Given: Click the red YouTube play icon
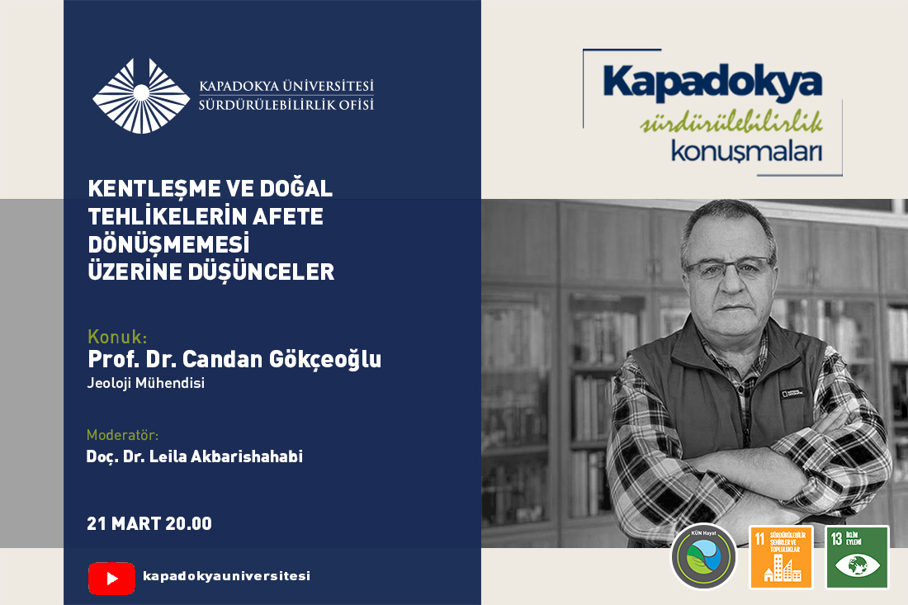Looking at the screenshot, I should tap(111, 578).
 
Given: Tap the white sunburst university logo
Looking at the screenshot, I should tap(141, 95).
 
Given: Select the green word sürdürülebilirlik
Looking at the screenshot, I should tap(731, 125).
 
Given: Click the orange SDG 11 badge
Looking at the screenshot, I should tap(780, 557).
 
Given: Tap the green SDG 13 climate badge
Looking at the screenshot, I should tap(857, 557).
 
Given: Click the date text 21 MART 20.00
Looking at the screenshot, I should tap(149, 524).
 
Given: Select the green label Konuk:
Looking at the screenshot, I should tap(117, 337).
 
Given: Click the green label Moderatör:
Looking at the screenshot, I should tap(122, 435).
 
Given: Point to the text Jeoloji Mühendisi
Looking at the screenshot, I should tap(145, 382).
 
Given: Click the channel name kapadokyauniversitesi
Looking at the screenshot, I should tap(226, 576).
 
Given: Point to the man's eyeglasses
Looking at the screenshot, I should tap(727, 267).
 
